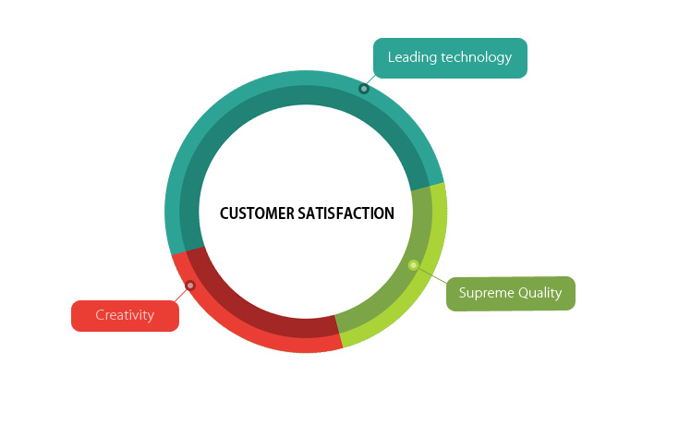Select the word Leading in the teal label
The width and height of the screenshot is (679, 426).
click(412, 57)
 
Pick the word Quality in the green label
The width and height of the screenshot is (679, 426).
click(540, 293)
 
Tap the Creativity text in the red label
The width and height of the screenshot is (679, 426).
click(125, 315)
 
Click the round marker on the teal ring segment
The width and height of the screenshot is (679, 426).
click(364, 89)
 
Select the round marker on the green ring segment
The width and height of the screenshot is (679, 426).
click(414, 265)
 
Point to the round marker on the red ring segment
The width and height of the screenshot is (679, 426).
click(190, 286)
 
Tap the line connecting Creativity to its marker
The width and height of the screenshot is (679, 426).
click(180, 295)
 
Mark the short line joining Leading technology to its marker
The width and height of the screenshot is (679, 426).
click(370, 80)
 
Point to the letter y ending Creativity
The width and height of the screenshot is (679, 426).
click(151, 316)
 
